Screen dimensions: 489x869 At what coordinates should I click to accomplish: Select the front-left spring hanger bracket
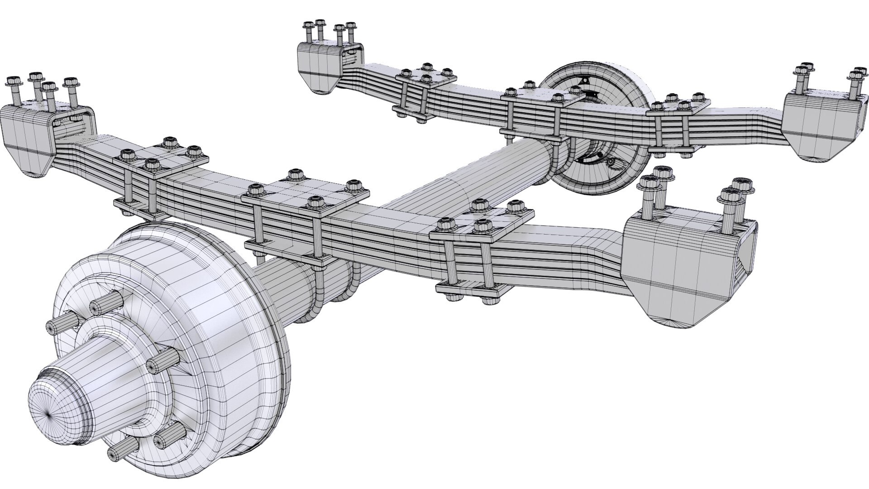[27, 136]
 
